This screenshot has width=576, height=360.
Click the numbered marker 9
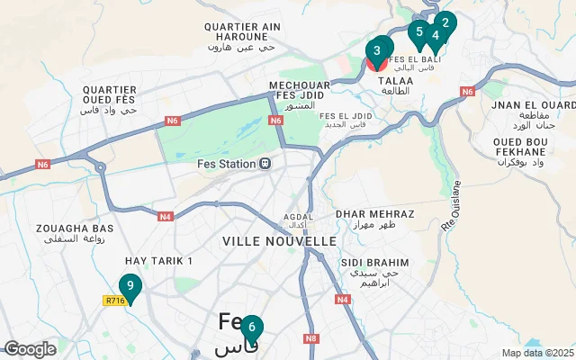point(130,287)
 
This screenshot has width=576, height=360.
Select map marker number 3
point(378,50)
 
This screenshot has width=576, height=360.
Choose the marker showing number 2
point(445,22)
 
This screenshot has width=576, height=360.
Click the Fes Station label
point(227,164)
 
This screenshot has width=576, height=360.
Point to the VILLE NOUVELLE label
point(279,241)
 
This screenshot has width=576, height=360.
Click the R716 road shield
point(114,301)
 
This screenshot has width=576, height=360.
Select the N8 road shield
point(310,338)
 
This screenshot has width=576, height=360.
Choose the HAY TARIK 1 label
point(165,260)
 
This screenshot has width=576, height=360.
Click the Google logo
point(30,348)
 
